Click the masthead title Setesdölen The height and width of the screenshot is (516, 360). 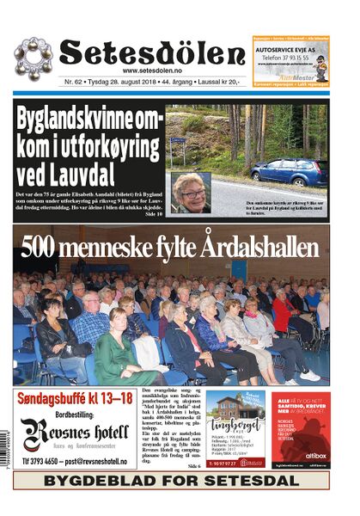[x=151, y=52]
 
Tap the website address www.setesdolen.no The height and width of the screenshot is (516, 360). [x=152, y=71]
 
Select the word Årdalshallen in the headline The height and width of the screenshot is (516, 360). [x=257, y=248]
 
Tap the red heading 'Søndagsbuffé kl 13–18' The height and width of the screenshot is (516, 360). [x=74, y=398]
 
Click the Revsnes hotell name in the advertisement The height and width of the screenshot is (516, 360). [x=77, y=427]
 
